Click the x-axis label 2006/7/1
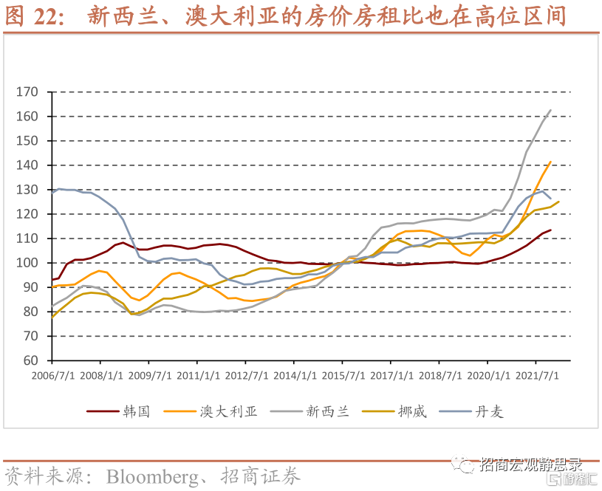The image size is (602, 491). click(x=52, y=374)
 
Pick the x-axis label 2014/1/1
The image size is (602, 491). click(x=294, y=374)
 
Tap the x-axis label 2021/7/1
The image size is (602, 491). click(x=536, y=374)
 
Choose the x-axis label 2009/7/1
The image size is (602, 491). click(x=149, y=374)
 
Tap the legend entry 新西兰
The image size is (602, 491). click(x=327, y=412)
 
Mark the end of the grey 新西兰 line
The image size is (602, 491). click(x=550, y=110)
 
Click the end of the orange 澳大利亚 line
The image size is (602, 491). click(x=550, y=162)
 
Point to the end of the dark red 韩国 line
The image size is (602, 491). click(x=550, y=230)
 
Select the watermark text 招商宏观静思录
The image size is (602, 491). click(x=530, y=465)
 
